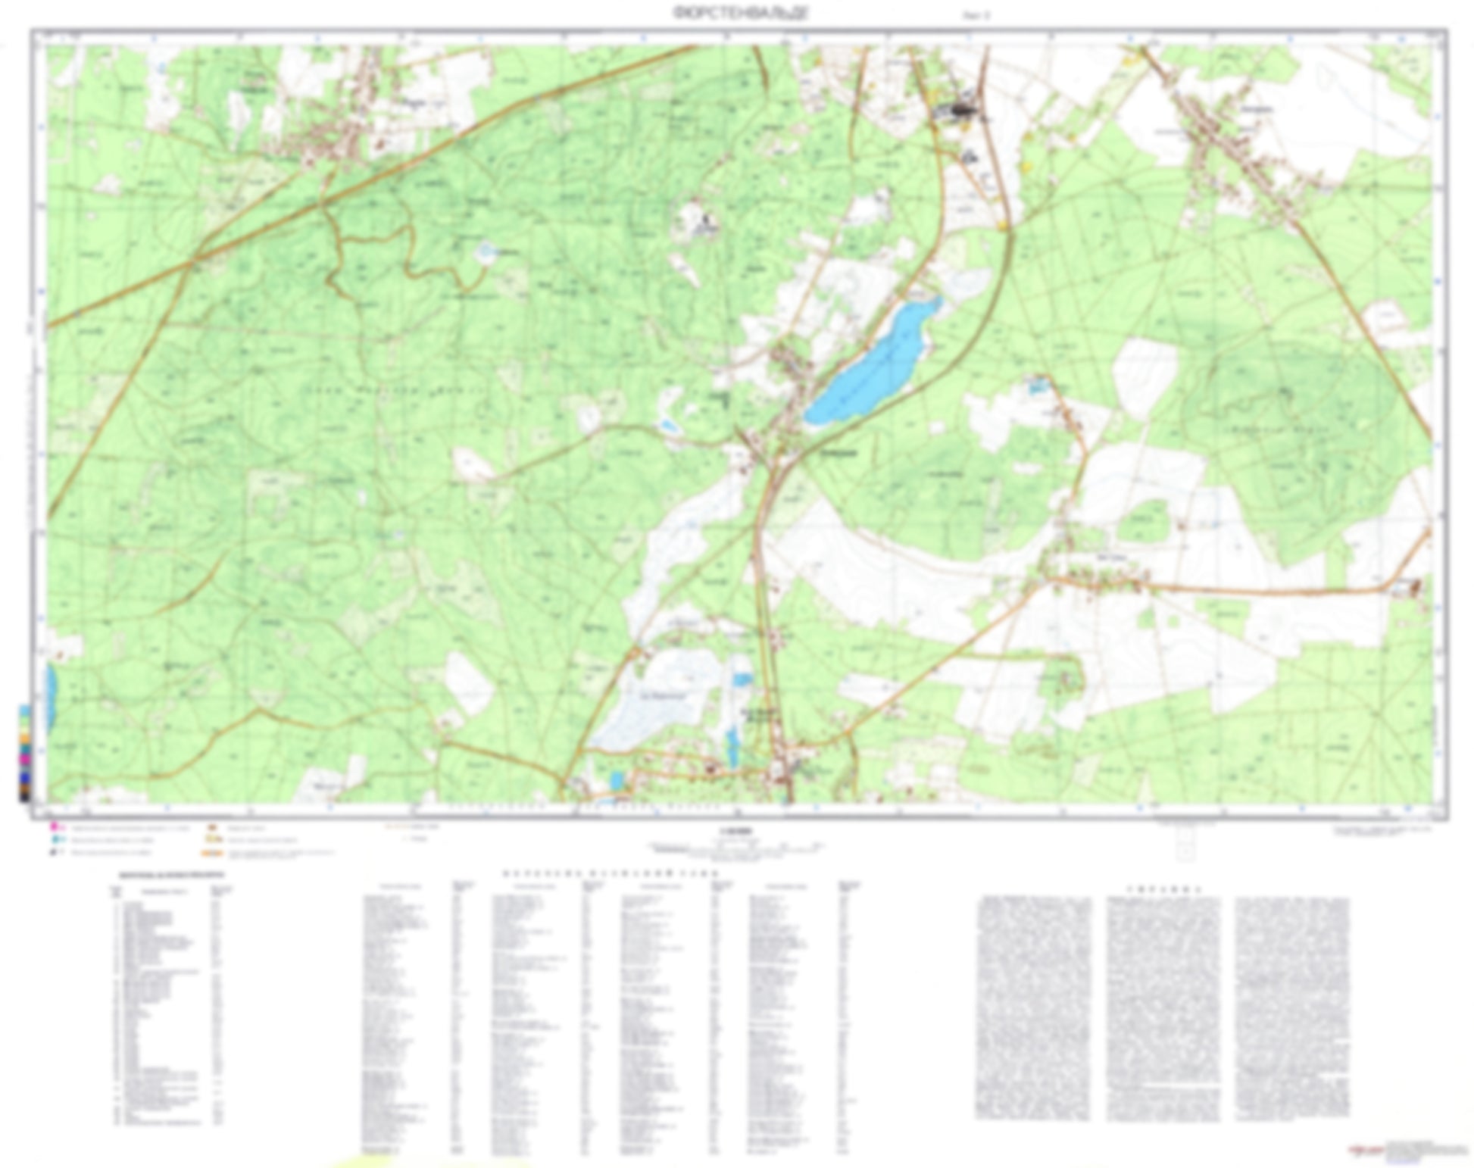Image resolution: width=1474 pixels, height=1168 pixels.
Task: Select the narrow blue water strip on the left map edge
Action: point(52,697)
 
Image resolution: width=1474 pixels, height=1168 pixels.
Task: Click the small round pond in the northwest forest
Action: point(485,253)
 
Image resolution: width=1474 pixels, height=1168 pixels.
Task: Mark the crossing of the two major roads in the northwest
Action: point(195,260)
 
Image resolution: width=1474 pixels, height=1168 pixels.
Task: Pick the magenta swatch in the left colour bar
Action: point(25,757)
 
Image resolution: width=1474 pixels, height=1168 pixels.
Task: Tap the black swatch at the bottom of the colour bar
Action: point(25,795)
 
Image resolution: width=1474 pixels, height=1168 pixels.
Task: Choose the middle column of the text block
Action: point(1163,1007)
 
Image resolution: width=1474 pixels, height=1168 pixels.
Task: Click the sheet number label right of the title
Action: point(976,14)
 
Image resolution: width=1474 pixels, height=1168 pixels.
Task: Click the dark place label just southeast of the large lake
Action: point(839,453)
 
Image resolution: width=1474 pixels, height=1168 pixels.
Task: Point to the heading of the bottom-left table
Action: point(171,875)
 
